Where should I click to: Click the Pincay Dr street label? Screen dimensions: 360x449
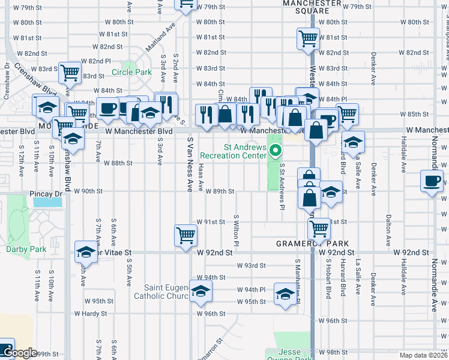pyautogui.click(x=46, y=194)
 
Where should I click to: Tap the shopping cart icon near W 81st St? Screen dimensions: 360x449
pyautogui.click(x=308, y=38)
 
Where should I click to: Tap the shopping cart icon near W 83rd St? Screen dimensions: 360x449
pyautogui.click(x=70, y=73)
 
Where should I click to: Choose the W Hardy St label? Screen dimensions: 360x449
pyautogui.click(x=91, y=313)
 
